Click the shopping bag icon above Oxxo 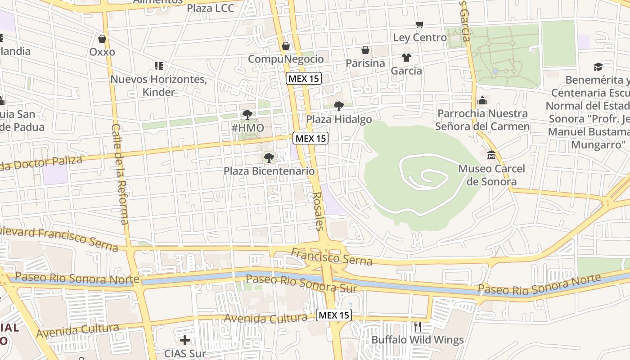[x=102, y=39]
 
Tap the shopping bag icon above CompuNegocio [x=285, y=46]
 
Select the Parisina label [x=365, y=63]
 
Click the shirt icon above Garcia [x=406, y=57]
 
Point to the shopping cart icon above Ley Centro [x=420, y=24]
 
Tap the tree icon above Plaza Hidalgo [x=339, y=106]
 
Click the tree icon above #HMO [x=247, y=114]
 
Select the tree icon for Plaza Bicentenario [x=269, y=157]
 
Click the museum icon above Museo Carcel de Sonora [x=491, y=155]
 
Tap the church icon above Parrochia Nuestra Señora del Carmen [x=482, y=100]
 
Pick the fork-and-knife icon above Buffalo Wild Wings [x=418, y=326]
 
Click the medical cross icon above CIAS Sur [x=184, y=340]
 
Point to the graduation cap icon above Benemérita [x=598, y=67]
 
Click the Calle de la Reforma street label [x=120, y=174]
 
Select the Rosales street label [x=318, y=211]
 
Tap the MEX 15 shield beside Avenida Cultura [x=333, y=315]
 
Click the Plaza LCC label [x=210, y=8]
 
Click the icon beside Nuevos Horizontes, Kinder [x=158, y=66]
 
